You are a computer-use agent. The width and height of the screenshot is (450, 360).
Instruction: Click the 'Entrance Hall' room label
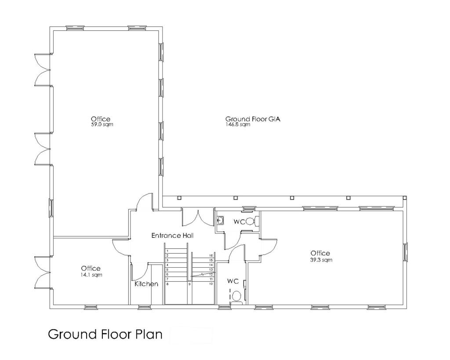[x=172, y=236]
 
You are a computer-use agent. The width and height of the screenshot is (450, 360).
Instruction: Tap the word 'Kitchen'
[x=146, y=284]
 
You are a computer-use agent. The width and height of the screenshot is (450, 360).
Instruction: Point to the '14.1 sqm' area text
[x=91, y=275]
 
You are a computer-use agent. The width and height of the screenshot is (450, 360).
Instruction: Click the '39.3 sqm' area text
[x=321, y=260]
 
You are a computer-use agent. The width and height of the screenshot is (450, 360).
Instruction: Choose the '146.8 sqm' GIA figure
[x=238, y=125]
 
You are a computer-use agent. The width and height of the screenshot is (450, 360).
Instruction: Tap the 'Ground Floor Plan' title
[x=105, y=334]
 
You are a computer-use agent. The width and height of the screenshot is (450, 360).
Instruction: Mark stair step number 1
[x=167, y=251]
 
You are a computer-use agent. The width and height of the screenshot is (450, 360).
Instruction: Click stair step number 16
[x=211, y=255]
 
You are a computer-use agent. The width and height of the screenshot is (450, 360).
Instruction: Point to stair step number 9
[x=189, y=284]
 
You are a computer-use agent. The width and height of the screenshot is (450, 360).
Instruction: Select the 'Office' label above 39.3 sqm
[x=320, y=253]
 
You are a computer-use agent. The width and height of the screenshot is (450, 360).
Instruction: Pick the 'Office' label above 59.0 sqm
[x=100, y=119]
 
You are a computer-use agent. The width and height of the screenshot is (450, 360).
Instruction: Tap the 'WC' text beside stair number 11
[x=232, y=281]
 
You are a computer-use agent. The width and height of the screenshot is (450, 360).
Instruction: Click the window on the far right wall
[x=406, y=252]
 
